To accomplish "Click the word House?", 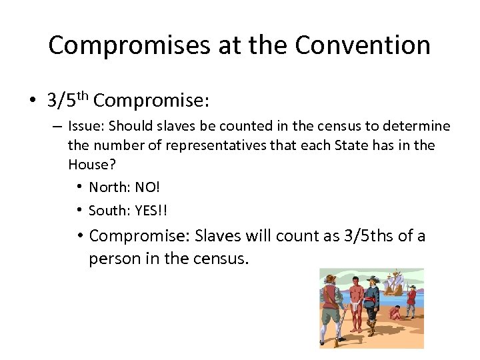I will pyautogui.click(x=87, y=165).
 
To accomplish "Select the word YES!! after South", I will pyautogui.click(x=151, y=211).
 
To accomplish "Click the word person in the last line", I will pyautogui.click(x=111, y=259).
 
